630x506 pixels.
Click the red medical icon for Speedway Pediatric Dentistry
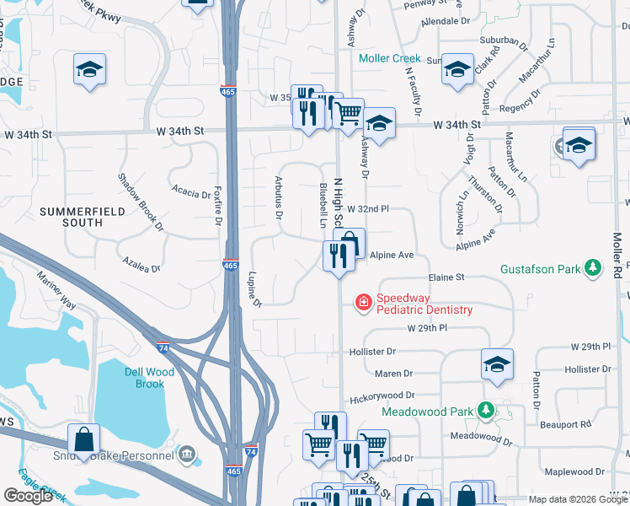click(364, 302)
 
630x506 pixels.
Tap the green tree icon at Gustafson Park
click(595, 268)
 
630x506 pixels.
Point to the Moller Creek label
click(389, 58)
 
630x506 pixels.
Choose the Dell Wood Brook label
click(144, 377)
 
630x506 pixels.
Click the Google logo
click(28, 496)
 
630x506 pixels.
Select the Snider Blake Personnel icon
click(188, 456)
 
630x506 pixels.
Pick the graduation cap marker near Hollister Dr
click(497, 363)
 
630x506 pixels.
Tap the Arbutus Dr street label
click(277, 197)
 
